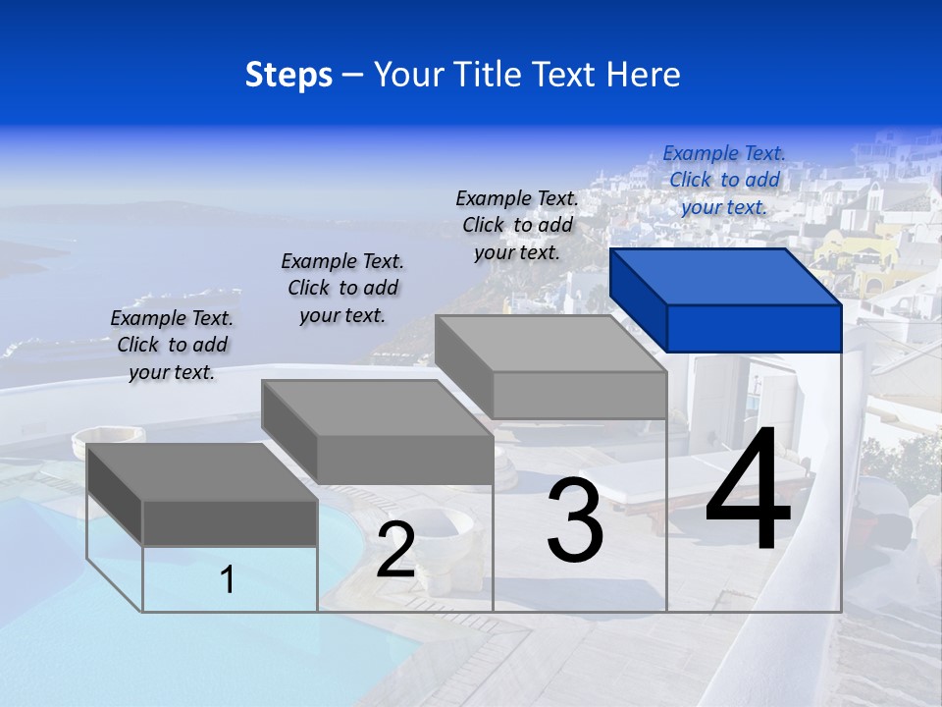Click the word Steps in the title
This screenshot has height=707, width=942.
click(288, 75)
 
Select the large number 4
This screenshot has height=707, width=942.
click(748, 491)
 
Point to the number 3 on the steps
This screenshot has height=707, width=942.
click(574, 520)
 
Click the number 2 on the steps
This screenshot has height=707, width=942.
click(395, 551)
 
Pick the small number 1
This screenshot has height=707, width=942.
click(228, 579)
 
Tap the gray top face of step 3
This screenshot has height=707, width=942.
click(550, 343)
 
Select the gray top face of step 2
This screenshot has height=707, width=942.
click(377, 408)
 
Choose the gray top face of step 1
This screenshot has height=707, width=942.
click(202, 471)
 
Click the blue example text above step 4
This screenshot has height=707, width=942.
click(724, 180)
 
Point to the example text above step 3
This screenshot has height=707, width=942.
click(517, 225)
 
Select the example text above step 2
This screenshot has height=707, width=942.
click(342, 288)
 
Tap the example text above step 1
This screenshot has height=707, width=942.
click(172, 345)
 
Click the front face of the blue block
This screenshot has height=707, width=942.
click(754, 328)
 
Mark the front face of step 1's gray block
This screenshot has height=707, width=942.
click(230, 522)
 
